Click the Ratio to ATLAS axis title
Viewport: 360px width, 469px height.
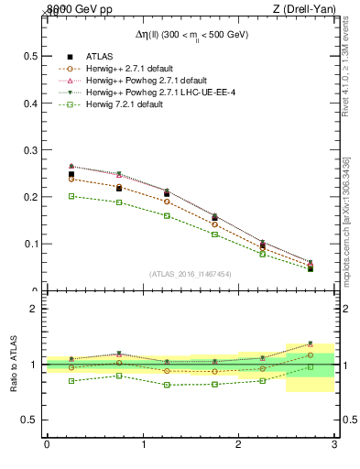click(x=14, y=365)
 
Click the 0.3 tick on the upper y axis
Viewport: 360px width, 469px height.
click(x=30, y=150)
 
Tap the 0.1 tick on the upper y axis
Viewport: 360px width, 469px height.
click(x=30, y=245)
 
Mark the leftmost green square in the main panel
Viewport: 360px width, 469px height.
click(x=71, y=196)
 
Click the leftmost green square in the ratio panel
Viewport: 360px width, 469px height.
click(x=71, y=380)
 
